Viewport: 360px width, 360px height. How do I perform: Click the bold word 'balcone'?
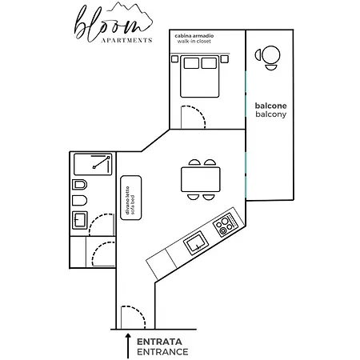point(270,106)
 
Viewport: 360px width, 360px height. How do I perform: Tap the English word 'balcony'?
point(270,115)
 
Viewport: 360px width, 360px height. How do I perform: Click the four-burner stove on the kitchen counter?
point(225,223)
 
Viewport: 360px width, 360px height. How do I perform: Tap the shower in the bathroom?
point(94,164)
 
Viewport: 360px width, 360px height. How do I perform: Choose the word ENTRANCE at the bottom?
point(162,351)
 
